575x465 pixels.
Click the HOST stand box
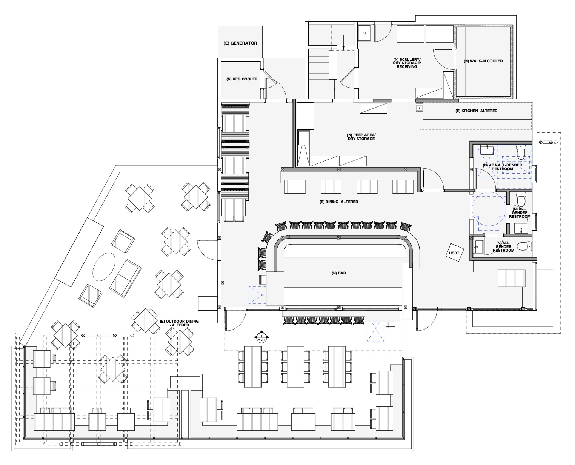pos(454,253)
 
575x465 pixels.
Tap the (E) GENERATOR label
pos(240,43)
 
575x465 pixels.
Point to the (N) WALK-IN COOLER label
pos(483,61)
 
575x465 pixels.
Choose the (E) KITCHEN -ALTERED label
pos(477,111)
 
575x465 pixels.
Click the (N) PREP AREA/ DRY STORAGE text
pos(361,137)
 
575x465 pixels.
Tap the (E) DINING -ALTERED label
pos(338,202)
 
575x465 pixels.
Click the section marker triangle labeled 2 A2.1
pos(261,337)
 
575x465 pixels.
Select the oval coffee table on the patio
pos(104,266)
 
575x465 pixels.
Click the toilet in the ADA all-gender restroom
pos(521,152)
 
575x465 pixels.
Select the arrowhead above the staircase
pos(344,48)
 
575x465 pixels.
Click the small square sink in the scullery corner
pos(365,33)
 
